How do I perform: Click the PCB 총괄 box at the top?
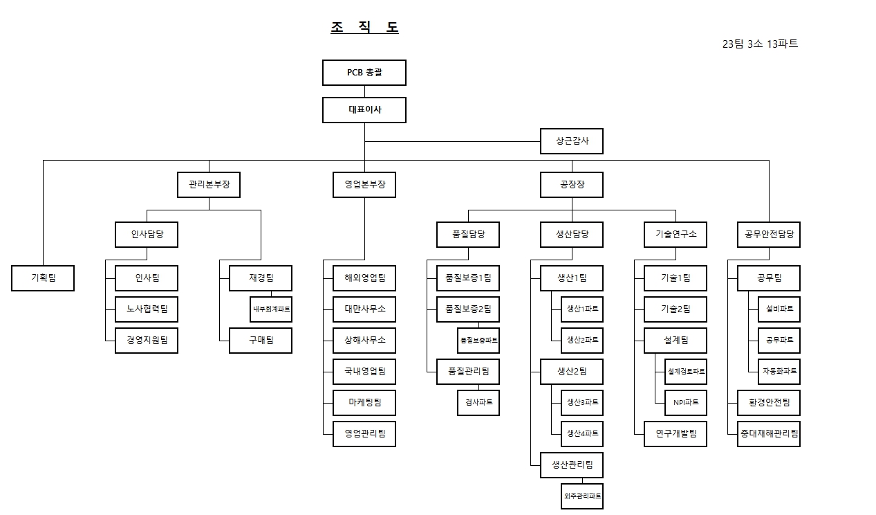point(364,73)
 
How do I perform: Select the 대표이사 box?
point(364,110)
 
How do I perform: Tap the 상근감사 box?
point(572,141)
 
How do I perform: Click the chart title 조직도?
point(364,28)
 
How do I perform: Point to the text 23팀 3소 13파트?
point(760,44)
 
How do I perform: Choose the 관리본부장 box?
point(209,185)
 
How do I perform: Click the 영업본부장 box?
point(364,185)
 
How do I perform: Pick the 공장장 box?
point(572,185)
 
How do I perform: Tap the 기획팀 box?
point(43,278)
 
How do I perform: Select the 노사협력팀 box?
point(147,309)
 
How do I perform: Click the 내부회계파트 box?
point(271,309)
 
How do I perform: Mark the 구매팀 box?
point(261,341)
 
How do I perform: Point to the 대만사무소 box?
point(364,309)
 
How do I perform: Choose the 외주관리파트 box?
point(582,496)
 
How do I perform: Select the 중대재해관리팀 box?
point(769,434)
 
